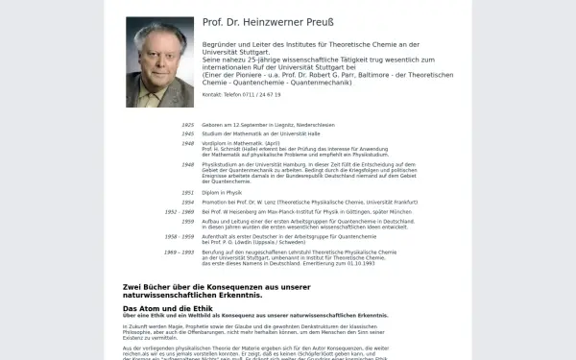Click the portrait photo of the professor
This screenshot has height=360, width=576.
pos(157,61)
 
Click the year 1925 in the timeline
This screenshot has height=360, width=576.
pos(187,125)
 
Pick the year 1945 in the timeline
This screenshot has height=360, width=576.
pos(187,133)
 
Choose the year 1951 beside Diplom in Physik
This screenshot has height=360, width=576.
pos(187,192)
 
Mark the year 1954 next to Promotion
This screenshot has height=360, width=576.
pos(187,202)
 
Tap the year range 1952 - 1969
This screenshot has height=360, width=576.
pos(180,211)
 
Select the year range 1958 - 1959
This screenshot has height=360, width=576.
pos(180,235)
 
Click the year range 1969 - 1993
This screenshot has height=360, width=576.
pos(180,252)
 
